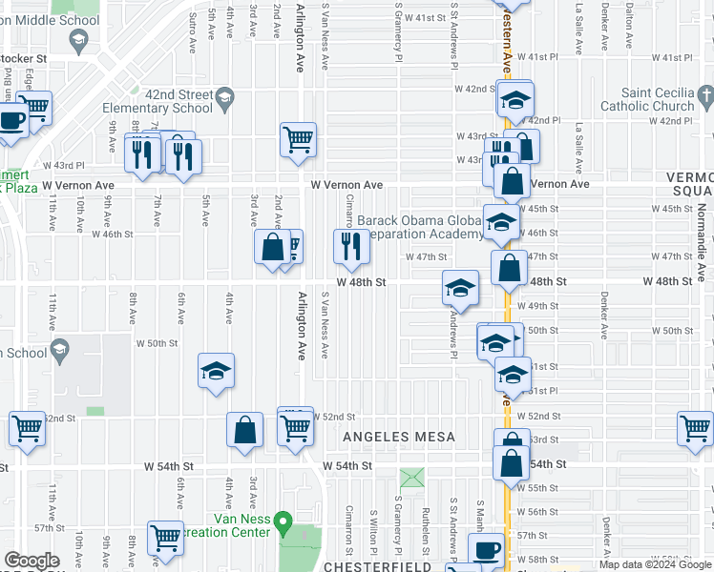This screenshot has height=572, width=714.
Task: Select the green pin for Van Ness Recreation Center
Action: coord(283,522)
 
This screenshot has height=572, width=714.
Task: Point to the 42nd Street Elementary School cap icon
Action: coord(224,96)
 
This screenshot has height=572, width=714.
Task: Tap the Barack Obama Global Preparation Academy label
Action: coord(420,227)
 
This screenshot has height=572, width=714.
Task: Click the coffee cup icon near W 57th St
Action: coord(487,549)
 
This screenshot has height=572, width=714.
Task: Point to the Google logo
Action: coord(31,561)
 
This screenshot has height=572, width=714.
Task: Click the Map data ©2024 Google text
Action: coord(655,564)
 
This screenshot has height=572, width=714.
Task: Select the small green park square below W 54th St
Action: coord(412,477)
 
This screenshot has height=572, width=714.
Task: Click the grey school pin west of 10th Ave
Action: coord(58,351)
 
